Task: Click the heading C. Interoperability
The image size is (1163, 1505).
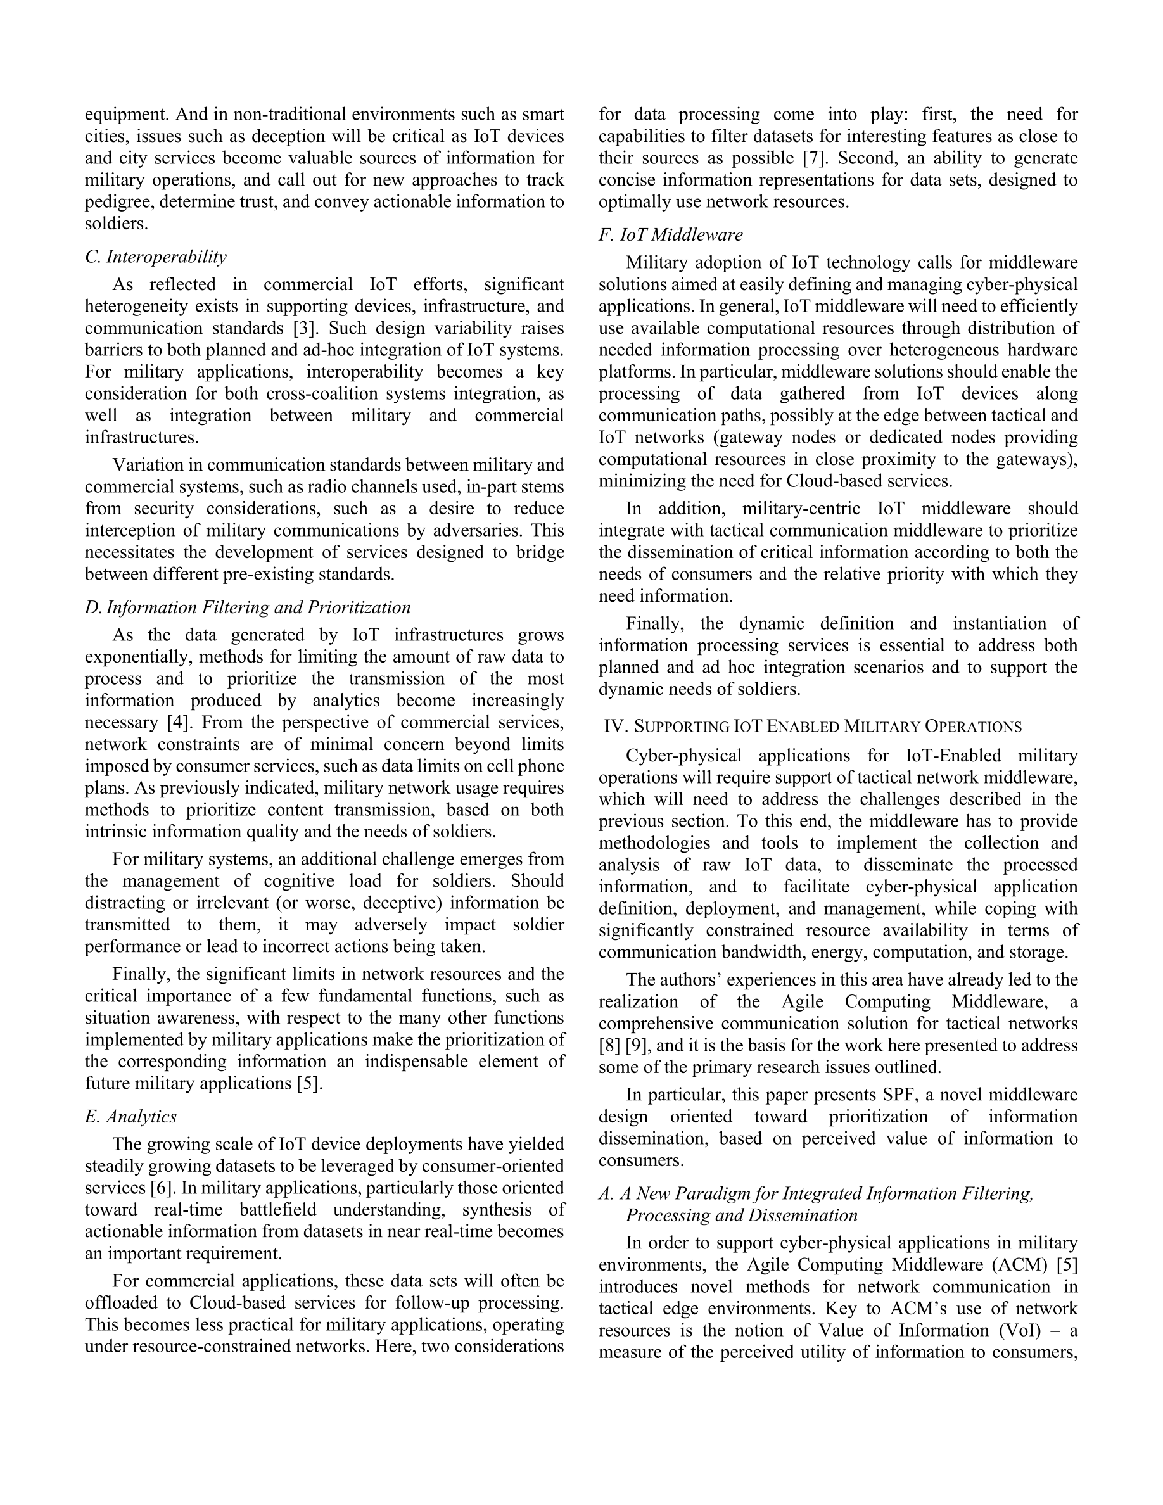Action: (156, 257)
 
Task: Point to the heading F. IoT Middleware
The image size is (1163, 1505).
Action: (670, 235)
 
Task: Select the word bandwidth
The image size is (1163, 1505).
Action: (762, 953)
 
